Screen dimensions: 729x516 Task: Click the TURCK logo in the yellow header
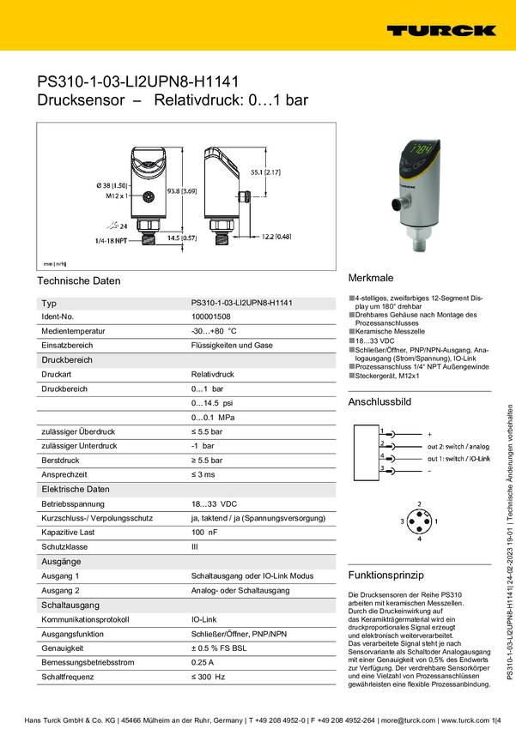point(440,30)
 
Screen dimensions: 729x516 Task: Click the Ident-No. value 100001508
point(210,317)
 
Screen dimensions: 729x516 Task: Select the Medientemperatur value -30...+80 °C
point(213,331)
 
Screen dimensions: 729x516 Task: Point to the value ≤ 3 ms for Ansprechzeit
point(203,474)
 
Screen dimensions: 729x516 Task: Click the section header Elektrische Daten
point(76,489)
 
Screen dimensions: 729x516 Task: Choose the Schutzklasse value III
point(195,546)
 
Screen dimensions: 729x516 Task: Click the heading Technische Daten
point(79,280)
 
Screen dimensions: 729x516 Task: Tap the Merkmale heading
point(371,279)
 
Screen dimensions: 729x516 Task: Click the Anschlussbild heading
point(379,402)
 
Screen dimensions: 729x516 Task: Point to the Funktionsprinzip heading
point(387,574)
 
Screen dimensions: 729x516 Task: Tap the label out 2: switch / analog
point(458,447)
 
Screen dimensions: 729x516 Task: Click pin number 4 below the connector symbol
point(419,539)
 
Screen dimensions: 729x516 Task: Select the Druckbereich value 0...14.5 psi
point(211,403)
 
